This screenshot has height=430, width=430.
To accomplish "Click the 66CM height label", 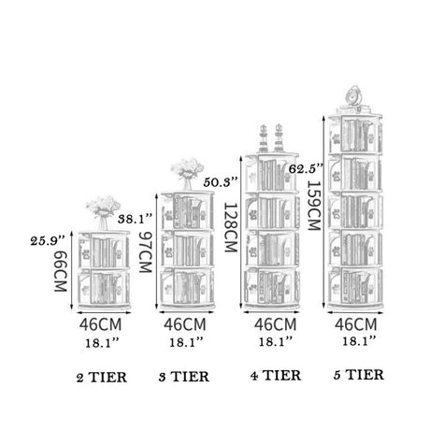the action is (x=61, y=271).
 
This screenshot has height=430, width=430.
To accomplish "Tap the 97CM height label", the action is (x=145, y=252).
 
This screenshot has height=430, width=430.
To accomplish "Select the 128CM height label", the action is (x=231, y=227).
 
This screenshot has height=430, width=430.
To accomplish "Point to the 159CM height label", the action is (x=314, y=206).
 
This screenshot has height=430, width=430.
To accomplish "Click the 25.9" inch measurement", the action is (x=48, y=241).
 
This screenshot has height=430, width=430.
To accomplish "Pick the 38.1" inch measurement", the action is (x=136, y=219).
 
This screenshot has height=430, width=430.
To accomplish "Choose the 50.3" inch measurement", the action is (x=221, y=182).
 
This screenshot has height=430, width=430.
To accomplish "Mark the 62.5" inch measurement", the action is (x=306, y=169).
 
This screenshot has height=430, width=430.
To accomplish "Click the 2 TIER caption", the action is (x=102, y=378).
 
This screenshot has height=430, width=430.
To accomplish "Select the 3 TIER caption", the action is (x=184, y=377).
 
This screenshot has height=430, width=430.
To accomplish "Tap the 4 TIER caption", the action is (x=276, y=376).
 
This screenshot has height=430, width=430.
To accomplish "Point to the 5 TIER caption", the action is (x=359, y=375).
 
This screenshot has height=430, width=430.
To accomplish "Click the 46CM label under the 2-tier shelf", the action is (x=100, y=324).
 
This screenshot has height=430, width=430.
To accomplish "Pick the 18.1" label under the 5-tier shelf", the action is (x=359, y=341).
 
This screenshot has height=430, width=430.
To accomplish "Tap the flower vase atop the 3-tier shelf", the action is (x=187, y=174).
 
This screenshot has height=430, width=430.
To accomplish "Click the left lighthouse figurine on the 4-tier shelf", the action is (x=264, y=138).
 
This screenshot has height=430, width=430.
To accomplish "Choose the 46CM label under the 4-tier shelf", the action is (x=275, y=324).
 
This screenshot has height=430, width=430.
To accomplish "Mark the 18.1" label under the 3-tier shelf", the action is (x=186, y=342).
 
